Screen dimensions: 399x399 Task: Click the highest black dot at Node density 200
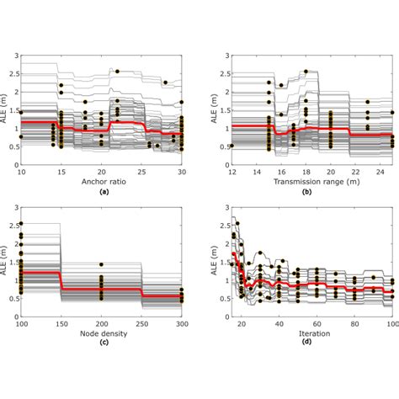click(x=102, y=264)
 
